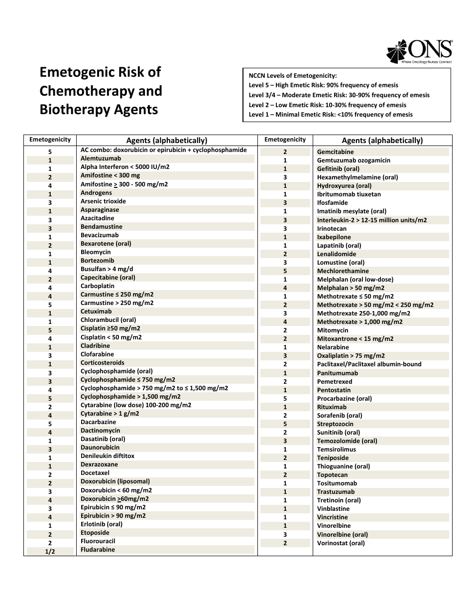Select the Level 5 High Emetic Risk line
click(x=324, y=85)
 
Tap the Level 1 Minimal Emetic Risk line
click(x=331, y=115)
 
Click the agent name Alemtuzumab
click(x=101, y=158)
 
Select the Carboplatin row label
click(x=98, y=286)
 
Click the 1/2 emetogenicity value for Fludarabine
click(x=50, y=552)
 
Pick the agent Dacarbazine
click(x=98, y=422)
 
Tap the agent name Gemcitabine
click(x=336, y=152)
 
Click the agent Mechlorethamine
click(x=343, y=271)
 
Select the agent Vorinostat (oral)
click(x=341, y=543)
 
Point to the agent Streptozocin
click(x=335, y=424)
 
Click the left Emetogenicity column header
click(x=50, y=140)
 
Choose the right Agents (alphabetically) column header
click(x=382, y=141)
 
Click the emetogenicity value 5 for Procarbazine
click(x=285, y=399)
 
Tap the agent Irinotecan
click(x=332, y=229)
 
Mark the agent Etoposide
click(x=95, y=533)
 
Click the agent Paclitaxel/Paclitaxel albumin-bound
click(x=369, y=364)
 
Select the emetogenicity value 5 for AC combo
click(x=50, y=152)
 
